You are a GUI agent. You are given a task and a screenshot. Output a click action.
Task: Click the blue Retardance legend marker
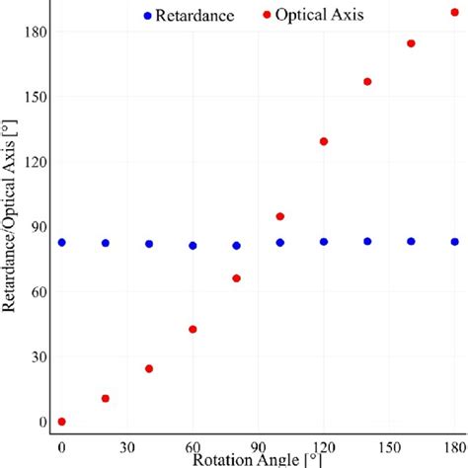point(148,16)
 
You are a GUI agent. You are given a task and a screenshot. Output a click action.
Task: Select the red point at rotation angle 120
point(324,141)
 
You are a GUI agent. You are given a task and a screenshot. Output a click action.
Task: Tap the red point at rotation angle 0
point(61,422)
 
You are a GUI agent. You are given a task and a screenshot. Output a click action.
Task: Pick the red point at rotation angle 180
point(454,12)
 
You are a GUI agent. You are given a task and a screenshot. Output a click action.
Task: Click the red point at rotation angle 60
point(193,329)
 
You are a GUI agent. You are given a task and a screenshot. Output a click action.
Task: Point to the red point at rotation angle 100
point(279,216)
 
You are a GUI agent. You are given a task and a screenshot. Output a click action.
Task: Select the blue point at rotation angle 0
point(61,242)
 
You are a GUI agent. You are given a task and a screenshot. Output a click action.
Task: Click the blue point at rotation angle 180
point(454,241)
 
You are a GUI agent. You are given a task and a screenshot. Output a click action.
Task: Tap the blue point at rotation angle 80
point(236,245)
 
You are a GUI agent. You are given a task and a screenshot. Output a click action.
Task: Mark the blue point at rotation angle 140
point(367,241)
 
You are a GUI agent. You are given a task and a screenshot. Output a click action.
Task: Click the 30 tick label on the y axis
point(36,357)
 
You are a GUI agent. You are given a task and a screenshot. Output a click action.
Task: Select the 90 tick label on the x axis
point(258,447)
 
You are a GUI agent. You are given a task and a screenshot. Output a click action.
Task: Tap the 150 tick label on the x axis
point(389,447)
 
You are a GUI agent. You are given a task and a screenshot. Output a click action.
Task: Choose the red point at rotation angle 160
point(411,43)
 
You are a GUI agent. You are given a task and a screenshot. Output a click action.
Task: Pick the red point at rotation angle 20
point(106,398)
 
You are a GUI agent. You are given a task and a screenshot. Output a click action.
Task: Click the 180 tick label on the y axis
point(33,32)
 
